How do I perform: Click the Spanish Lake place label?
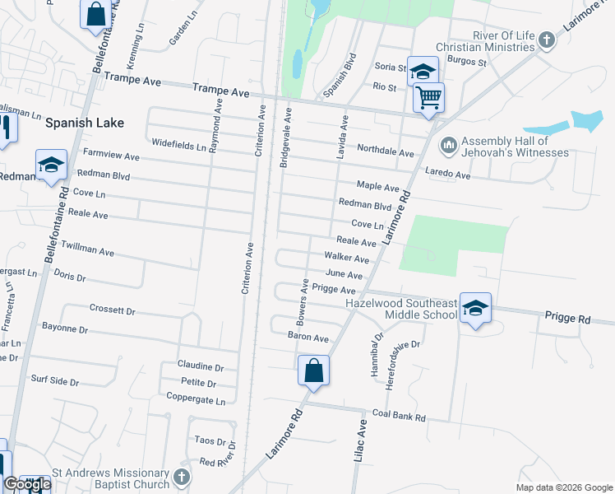[x=85, y=123]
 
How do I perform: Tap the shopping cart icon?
[x=428, y=98]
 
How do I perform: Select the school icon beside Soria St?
[x=423, y=71]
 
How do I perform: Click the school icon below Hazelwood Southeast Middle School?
[x=475, y=308]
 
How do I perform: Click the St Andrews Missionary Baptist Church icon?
[x=183, y=477]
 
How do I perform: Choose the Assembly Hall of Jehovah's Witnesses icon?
[x=449, y=146]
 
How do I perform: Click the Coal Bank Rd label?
[x=399, y=417]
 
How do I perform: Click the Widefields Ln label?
[x=178, y=146]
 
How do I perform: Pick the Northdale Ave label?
[x=385, y=151]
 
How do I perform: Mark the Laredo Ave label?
[x=447, y=175]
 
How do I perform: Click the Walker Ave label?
[x=346, y=258]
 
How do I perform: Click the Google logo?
[x=27, y=484]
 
